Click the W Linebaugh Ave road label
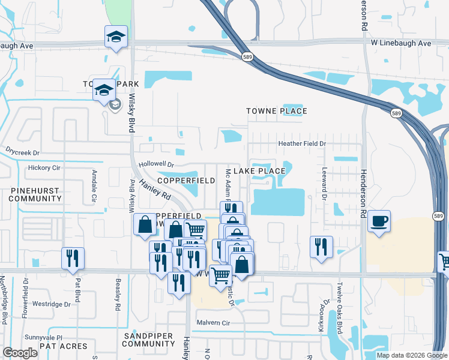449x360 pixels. [400, 44]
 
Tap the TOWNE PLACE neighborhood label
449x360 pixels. [277, 111]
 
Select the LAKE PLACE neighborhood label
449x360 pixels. [259, 171]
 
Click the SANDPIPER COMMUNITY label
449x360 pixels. [148, 340]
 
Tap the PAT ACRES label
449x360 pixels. [63, 346]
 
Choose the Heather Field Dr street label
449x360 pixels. [301, 144]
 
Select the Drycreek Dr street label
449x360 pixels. [22, 152]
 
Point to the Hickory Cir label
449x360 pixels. [44, 168]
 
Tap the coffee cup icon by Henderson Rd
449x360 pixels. [379, 220]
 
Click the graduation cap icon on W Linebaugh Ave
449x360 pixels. [116, 37]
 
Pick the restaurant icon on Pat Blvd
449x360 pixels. [73, 257]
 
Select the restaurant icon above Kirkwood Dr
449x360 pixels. [321, 246]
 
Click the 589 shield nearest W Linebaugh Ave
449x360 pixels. [247, 56]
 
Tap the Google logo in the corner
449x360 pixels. [20, 353]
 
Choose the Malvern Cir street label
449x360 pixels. [214, 323]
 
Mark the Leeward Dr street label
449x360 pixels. [324, 184]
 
